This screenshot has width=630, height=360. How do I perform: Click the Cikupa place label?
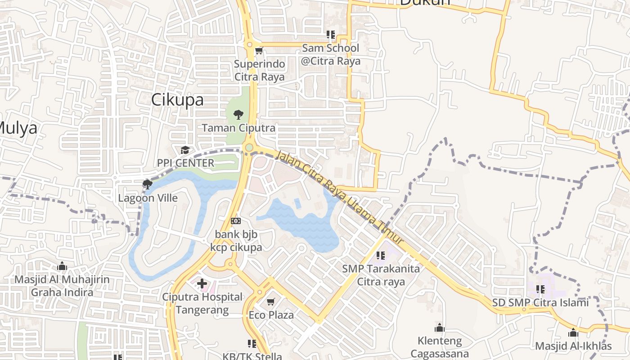pyautogui.click(x=177, y=100)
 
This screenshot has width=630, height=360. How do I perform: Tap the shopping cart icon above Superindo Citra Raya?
pyautogui.click(x=259, y=51)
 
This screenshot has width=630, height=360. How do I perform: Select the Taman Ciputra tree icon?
pyautogui.click(x=238, y=114)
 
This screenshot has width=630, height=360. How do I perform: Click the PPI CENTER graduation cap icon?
pyautogui.click(x=185, y=150)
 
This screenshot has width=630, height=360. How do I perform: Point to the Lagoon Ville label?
pyautogui.click(x=148, y=198)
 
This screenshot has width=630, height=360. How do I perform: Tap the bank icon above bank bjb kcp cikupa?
pyautogui.click(x=236, y=221)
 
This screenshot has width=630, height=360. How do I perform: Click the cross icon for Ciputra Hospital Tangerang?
pyautogui.click(x=202, y=283)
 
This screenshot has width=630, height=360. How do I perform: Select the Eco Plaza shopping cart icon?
pyautogui.click(x=271, y=301)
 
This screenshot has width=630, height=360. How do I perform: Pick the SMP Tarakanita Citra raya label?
pyautogui.click(x=381, y=275)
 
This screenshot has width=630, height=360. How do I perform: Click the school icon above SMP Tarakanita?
pyautogui.click(x=381, y=256)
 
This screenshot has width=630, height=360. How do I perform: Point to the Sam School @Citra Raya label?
pyautogui.click(x=330, y=54)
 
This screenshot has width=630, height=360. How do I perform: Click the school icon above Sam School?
pyautogui.click(x=331, y=34)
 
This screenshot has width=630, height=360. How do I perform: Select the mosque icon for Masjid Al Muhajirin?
pyautogui.click(x=62, y=266)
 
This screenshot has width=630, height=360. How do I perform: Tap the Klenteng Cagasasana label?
pyautogui.click(x=440, y=347)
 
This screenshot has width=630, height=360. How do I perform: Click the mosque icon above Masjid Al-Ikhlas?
pyautogui.click(x=573, y=333)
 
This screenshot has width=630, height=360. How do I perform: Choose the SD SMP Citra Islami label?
pyautogui.click(x=540, y=302)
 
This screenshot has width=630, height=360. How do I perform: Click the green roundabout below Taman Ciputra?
pyautogui.click(x=249, y=147)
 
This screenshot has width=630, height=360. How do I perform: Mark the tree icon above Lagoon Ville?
pyautogui.click(x=147, y=184)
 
